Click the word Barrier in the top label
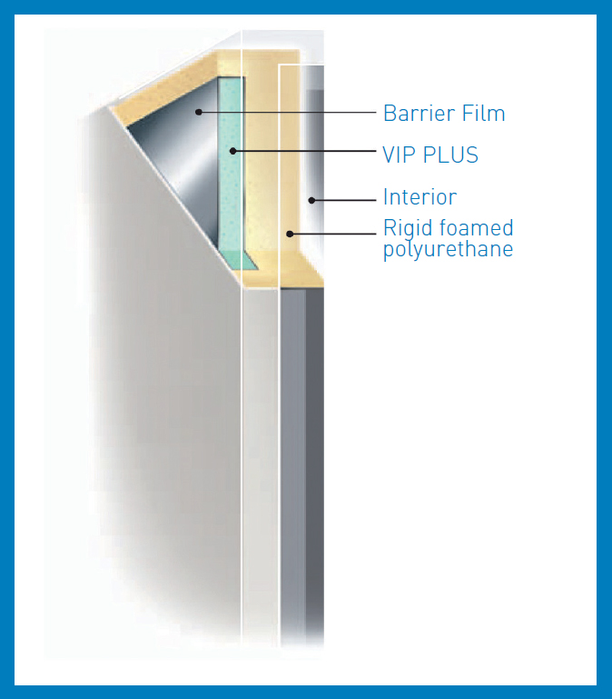point(420,114)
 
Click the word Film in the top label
point(484,114)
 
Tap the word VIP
point(400,155)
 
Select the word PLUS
point(450,155)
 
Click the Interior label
point(420,197)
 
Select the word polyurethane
point(448,250)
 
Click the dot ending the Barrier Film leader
point(199,112)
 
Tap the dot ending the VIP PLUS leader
point(232,151)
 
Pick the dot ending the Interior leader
point(311,201)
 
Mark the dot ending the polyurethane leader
point(290,234)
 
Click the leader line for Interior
point(344,201)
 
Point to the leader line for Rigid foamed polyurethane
point(332,234)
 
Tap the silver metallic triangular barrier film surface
point(181,156)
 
